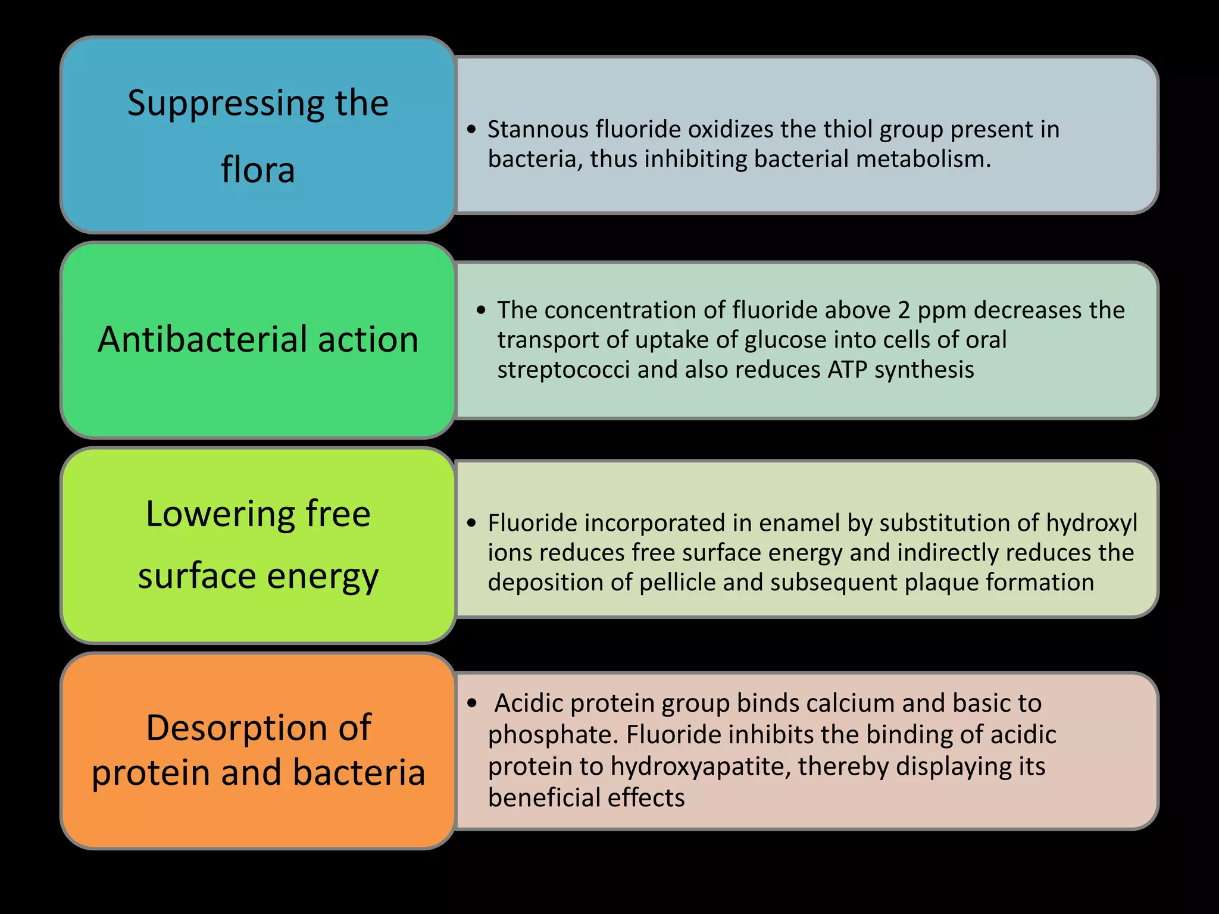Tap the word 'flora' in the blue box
tap(258, 170)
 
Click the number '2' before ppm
tap(904, 310)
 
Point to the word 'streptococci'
tap(563, 370)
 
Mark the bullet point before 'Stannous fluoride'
tap(472, 129)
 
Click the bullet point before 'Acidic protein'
tap(472, 703)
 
